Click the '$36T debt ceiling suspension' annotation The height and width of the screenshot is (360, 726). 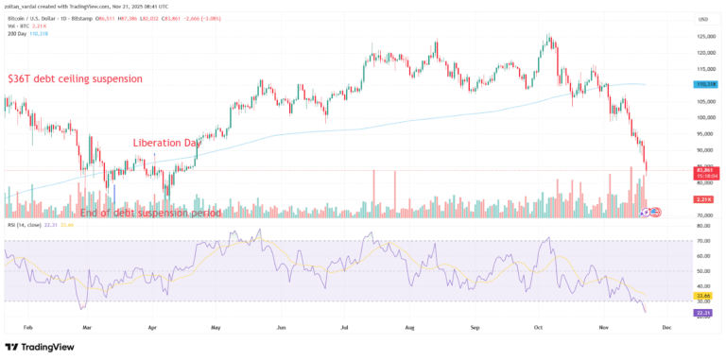point(75,79)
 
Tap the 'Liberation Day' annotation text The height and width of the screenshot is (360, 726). point(166,143)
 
